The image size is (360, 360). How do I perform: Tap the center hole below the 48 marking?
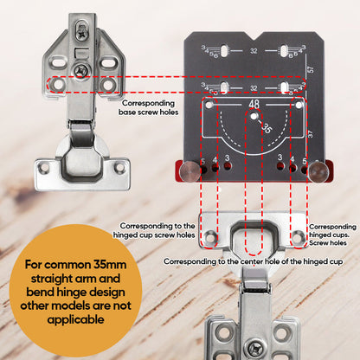pos(253,120)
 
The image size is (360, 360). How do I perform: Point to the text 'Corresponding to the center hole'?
pos(221,260)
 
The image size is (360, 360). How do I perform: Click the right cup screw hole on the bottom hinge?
pos(297,235)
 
